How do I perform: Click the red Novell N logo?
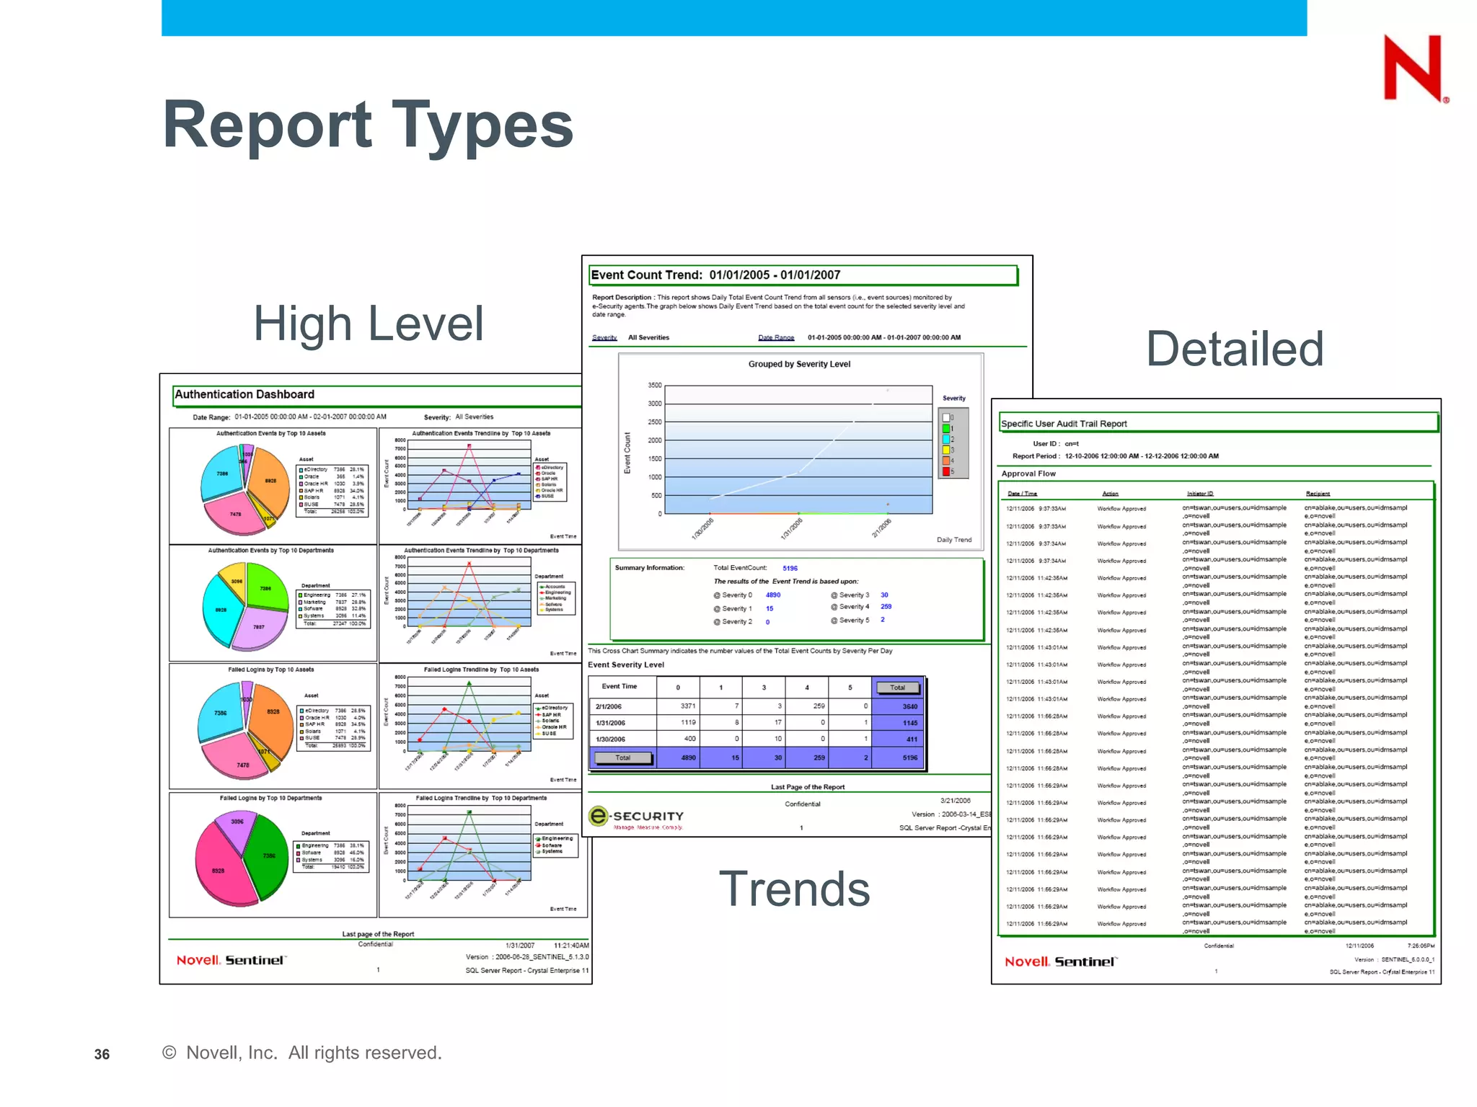click(1413, 68)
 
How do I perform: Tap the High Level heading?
click(368, 324)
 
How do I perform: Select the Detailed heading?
click(1235, 350)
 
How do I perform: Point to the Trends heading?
click(794, 889)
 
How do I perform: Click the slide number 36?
click(102, 1054)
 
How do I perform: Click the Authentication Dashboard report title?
click(244, 394)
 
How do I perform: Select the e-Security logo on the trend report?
click(636, 817)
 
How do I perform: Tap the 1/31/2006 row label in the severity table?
click(610, 723)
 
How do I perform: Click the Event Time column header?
click(619, 686)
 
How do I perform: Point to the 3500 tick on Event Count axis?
click(654, 386)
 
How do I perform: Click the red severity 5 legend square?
click(945, 472)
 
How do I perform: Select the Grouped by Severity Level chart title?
click(799, 364)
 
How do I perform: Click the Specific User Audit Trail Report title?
click(1064, 424)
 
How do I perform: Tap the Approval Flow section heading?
click(1028, 474)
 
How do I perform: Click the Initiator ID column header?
click(1200, 494)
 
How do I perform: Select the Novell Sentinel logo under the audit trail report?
click(1060, 961)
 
